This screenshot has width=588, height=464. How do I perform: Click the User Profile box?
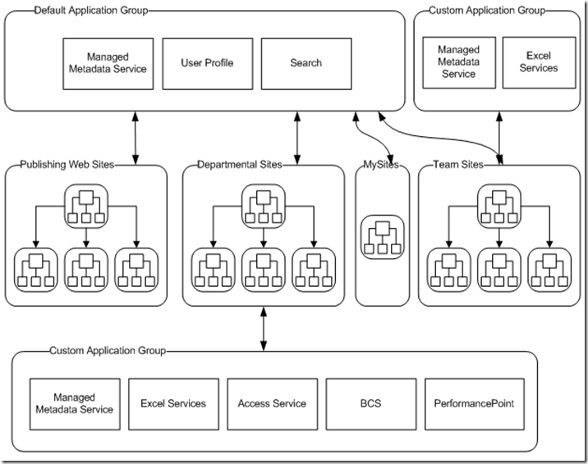click(x=207, y=63)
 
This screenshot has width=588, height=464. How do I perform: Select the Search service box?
click(x=305, y=63)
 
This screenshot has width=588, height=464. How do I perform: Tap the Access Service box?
click(x=272, y=404)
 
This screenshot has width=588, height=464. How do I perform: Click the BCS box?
click(x=370, y=404)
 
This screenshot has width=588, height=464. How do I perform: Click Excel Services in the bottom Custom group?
click(x=173, y=404)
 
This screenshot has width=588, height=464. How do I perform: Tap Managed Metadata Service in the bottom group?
click(x=75, y=404)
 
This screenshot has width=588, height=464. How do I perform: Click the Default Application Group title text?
click(x=80, y=11)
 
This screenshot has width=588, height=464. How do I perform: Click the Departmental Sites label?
click(x=240, y=165)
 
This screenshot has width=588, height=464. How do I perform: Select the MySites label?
click(x=380, y=165)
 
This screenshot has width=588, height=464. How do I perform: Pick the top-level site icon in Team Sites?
click(x=498, y=207)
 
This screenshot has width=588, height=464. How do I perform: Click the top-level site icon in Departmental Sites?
click(x=263, y=207)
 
